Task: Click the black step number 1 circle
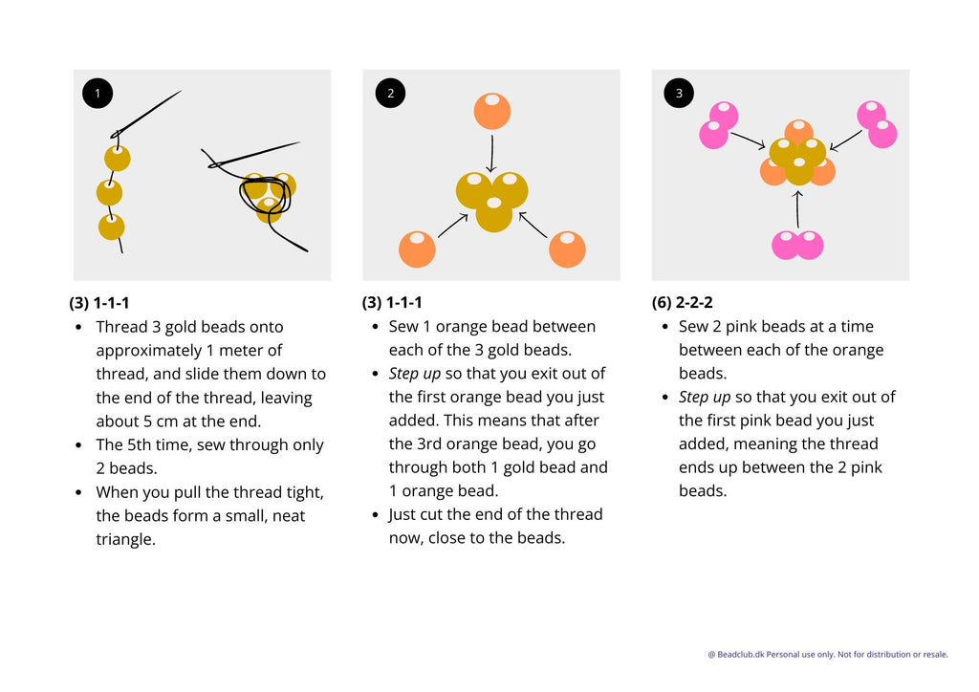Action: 98,93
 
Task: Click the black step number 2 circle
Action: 390,93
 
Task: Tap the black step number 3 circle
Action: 679,93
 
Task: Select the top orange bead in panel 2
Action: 492,111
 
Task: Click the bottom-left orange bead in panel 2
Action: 417,249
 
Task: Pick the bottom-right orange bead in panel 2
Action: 567,249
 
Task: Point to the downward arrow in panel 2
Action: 491,154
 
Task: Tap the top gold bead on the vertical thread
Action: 118,158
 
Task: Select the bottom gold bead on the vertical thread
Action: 111,227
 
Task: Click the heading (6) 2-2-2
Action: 682,303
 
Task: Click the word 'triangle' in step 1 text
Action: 125,539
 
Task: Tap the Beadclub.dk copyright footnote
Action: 827,655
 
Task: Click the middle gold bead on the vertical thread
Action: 109,193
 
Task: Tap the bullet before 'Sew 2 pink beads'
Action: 665,327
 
